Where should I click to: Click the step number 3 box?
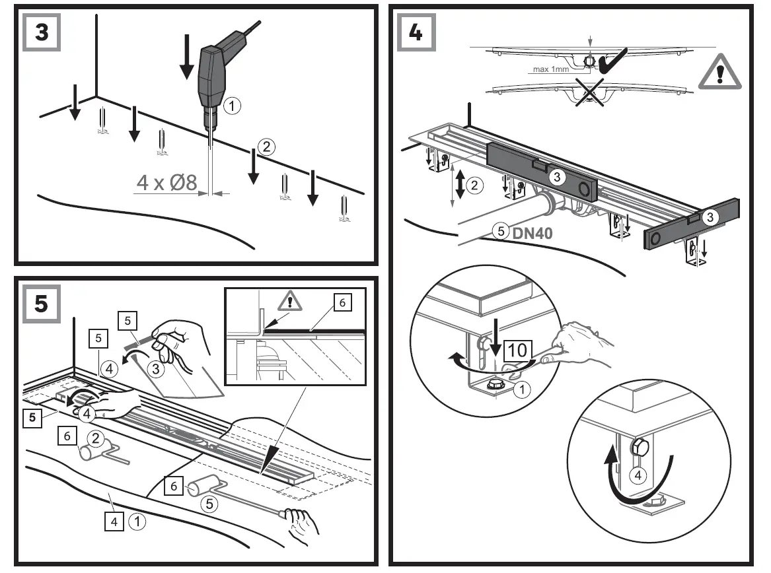pyautogui.click(x=41, y=32)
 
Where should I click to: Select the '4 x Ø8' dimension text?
pyautogui.click(x=166, y=182)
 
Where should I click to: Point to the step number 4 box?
pyautogui.click(x=416, y=32)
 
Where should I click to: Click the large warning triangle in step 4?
pyautogui.click(x=719, y=73)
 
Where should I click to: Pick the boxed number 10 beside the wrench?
pyautogui.click(x=519, y=350)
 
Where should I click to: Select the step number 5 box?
pyautogui.click(x=41, y=303)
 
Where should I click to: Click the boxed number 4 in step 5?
pyautogui.click(x=113, y=522)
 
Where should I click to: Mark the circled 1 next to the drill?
pyautogui.click(x=231, y=104)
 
